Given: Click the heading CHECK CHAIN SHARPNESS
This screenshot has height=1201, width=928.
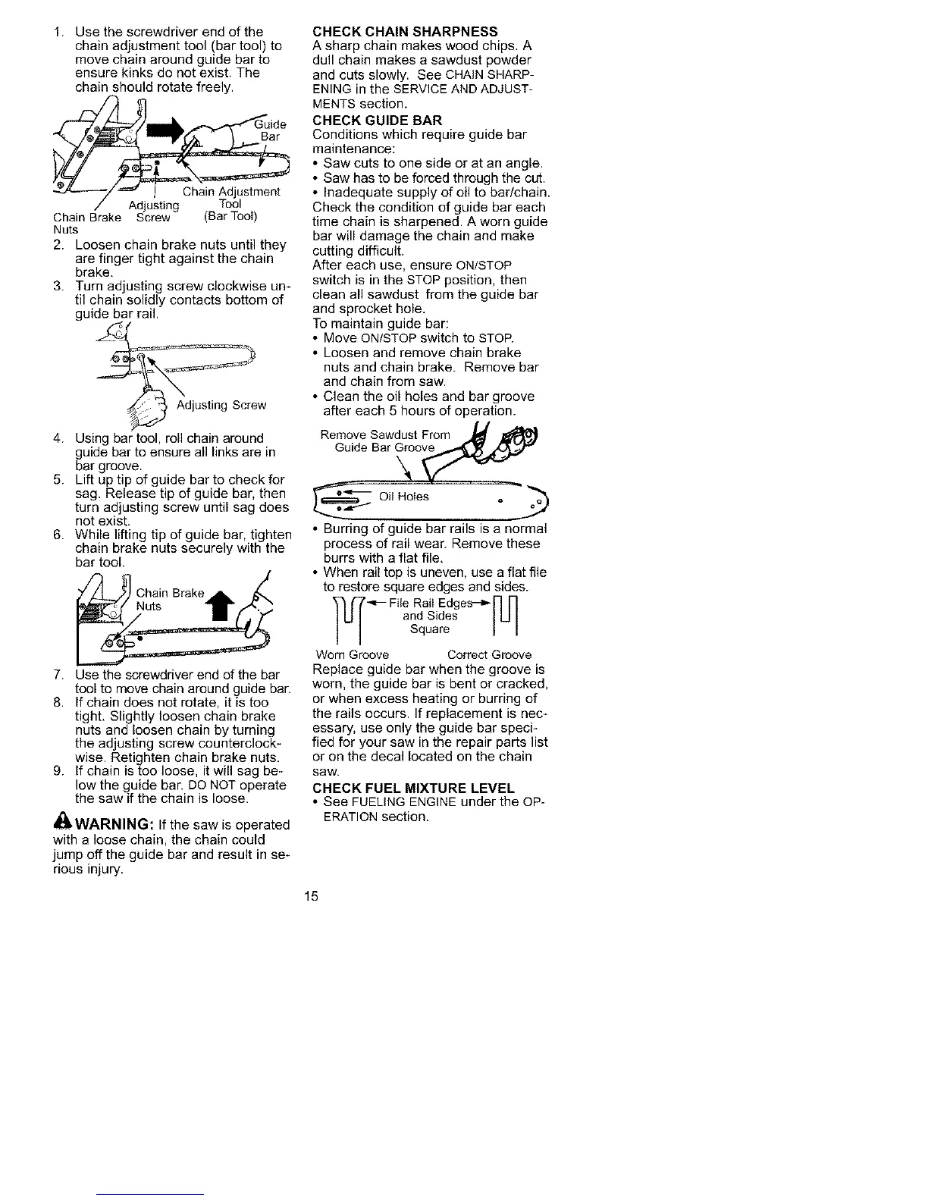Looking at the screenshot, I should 405,31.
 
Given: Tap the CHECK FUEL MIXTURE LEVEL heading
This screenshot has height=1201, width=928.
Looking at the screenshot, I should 413,788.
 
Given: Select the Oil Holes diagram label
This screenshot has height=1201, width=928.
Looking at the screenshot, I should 404,497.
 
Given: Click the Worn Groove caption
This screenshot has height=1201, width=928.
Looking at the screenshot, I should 352,655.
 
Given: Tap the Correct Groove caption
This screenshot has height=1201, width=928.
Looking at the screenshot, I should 489,655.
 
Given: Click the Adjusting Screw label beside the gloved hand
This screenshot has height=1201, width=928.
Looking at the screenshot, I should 221,405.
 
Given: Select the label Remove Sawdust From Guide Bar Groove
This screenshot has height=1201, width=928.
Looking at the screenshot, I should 386,441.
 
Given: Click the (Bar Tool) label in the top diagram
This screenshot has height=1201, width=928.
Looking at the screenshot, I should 231,217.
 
